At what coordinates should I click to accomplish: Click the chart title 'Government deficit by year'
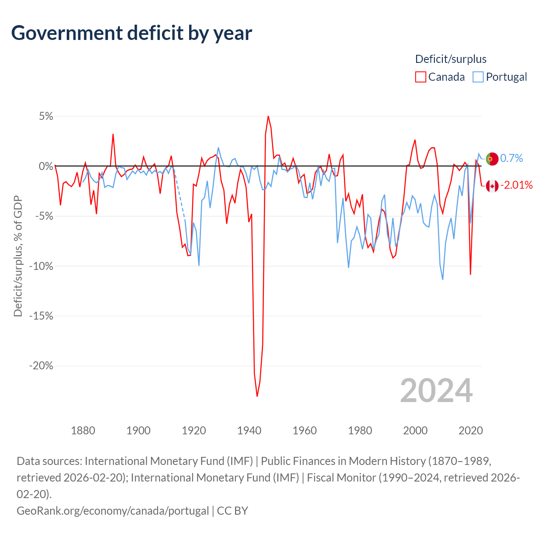point(132,33)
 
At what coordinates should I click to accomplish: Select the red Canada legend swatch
point(420,77)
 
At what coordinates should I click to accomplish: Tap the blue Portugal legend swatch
point(478,77)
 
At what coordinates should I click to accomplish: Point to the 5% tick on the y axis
point(46,116)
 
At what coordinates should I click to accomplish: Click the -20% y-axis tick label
point(41,366)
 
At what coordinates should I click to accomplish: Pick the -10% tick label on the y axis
point(41,266)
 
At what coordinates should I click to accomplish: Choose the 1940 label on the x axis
point(249,431)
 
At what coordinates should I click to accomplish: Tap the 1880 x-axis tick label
point(83,431)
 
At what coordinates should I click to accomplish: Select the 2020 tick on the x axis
point(470,431)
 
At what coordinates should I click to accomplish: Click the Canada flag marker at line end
point(492,186)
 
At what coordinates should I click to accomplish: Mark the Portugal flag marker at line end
point(492,159)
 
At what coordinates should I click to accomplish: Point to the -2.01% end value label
point(516,185)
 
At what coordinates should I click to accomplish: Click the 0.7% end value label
point(512,158)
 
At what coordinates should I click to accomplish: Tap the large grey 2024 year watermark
point(436,391)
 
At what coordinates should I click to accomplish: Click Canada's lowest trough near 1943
point(257,396)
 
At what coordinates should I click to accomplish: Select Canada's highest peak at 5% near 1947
point(268,116)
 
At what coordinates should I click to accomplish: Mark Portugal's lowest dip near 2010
point(442,279)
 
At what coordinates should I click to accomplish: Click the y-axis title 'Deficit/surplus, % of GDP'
point(18,256)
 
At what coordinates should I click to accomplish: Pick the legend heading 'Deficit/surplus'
point(450,59)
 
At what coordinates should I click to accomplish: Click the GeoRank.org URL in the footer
point(113,510)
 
